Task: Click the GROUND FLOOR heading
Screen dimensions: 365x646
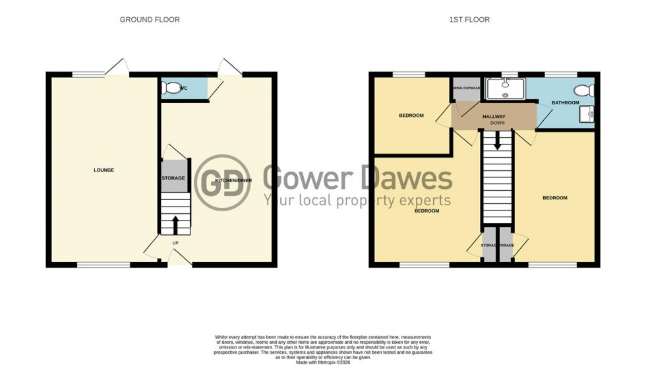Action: click(150, 20)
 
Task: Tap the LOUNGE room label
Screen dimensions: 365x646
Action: click(103, 170)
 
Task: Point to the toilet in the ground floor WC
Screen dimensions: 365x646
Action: click(173, 88)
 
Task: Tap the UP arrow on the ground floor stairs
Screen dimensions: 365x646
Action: click(175, 225)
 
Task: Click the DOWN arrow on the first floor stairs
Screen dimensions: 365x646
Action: click(497, 139)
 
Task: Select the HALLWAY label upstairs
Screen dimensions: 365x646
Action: click(494, 117)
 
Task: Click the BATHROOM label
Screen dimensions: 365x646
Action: click(565, 103)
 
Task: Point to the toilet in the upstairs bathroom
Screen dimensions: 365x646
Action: click(583, 90)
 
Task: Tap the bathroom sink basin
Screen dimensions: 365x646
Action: click(589, 115)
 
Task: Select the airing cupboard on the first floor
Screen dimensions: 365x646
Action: click(466, 89)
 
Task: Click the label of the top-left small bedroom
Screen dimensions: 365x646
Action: click(411, 116)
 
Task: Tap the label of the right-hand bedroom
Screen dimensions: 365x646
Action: click(554, 198)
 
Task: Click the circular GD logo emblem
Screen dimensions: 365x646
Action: click(223, 183)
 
